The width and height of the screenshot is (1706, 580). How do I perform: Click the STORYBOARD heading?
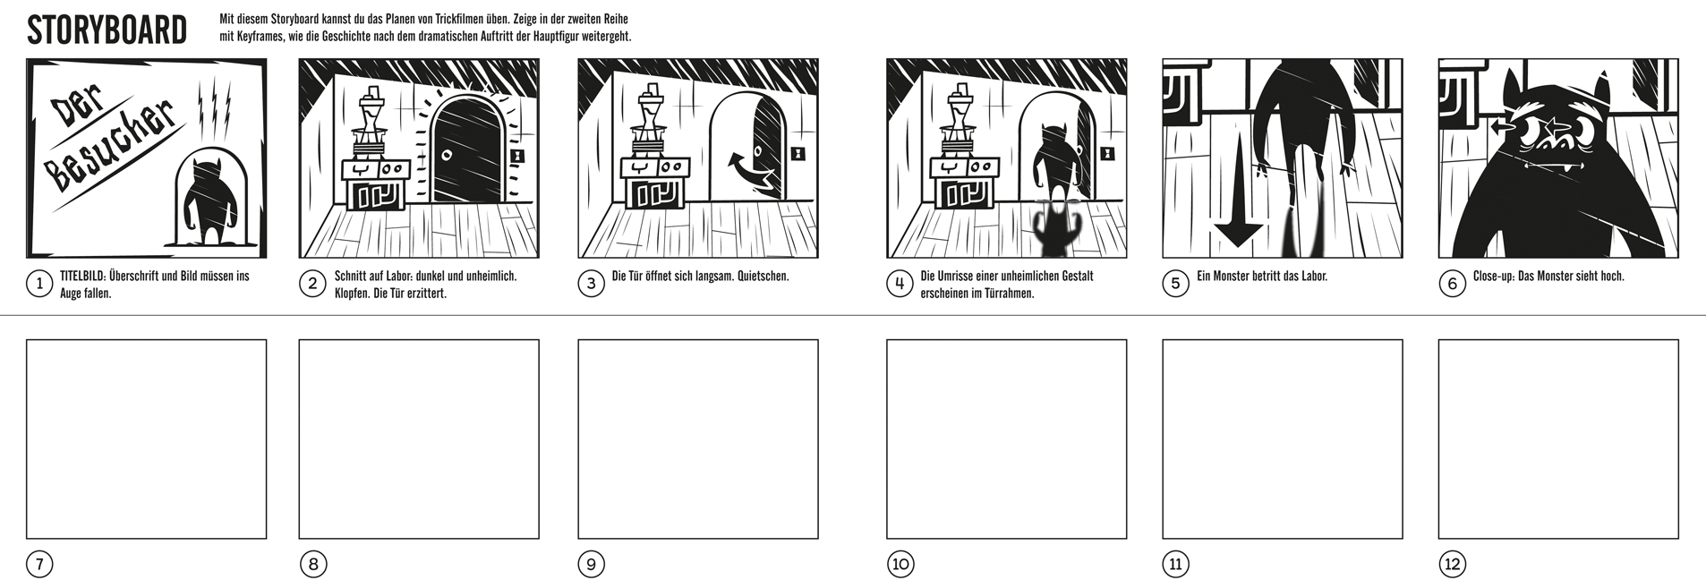[x=107, y=31]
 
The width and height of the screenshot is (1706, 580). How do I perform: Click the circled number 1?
[x=38, y=285]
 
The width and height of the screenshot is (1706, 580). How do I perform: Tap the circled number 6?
[x=1451, y=285]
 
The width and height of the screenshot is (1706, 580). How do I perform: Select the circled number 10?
[x=900, y=564]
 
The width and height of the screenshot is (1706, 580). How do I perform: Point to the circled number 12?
[x=1451, y=564]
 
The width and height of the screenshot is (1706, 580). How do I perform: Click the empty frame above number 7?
[x=147, y=439]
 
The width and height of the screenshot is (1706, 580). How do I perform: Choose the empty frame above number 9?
[x=698, y=439]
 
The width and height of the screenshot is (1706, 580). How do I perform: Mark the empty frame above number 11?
[x=1282, y=439]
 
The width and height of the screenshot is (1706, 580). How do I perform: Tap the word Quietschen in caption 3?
[x=763, y=277]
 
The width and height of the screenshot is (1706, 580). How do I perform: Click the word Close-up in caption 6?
[x=1493, y=277]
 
